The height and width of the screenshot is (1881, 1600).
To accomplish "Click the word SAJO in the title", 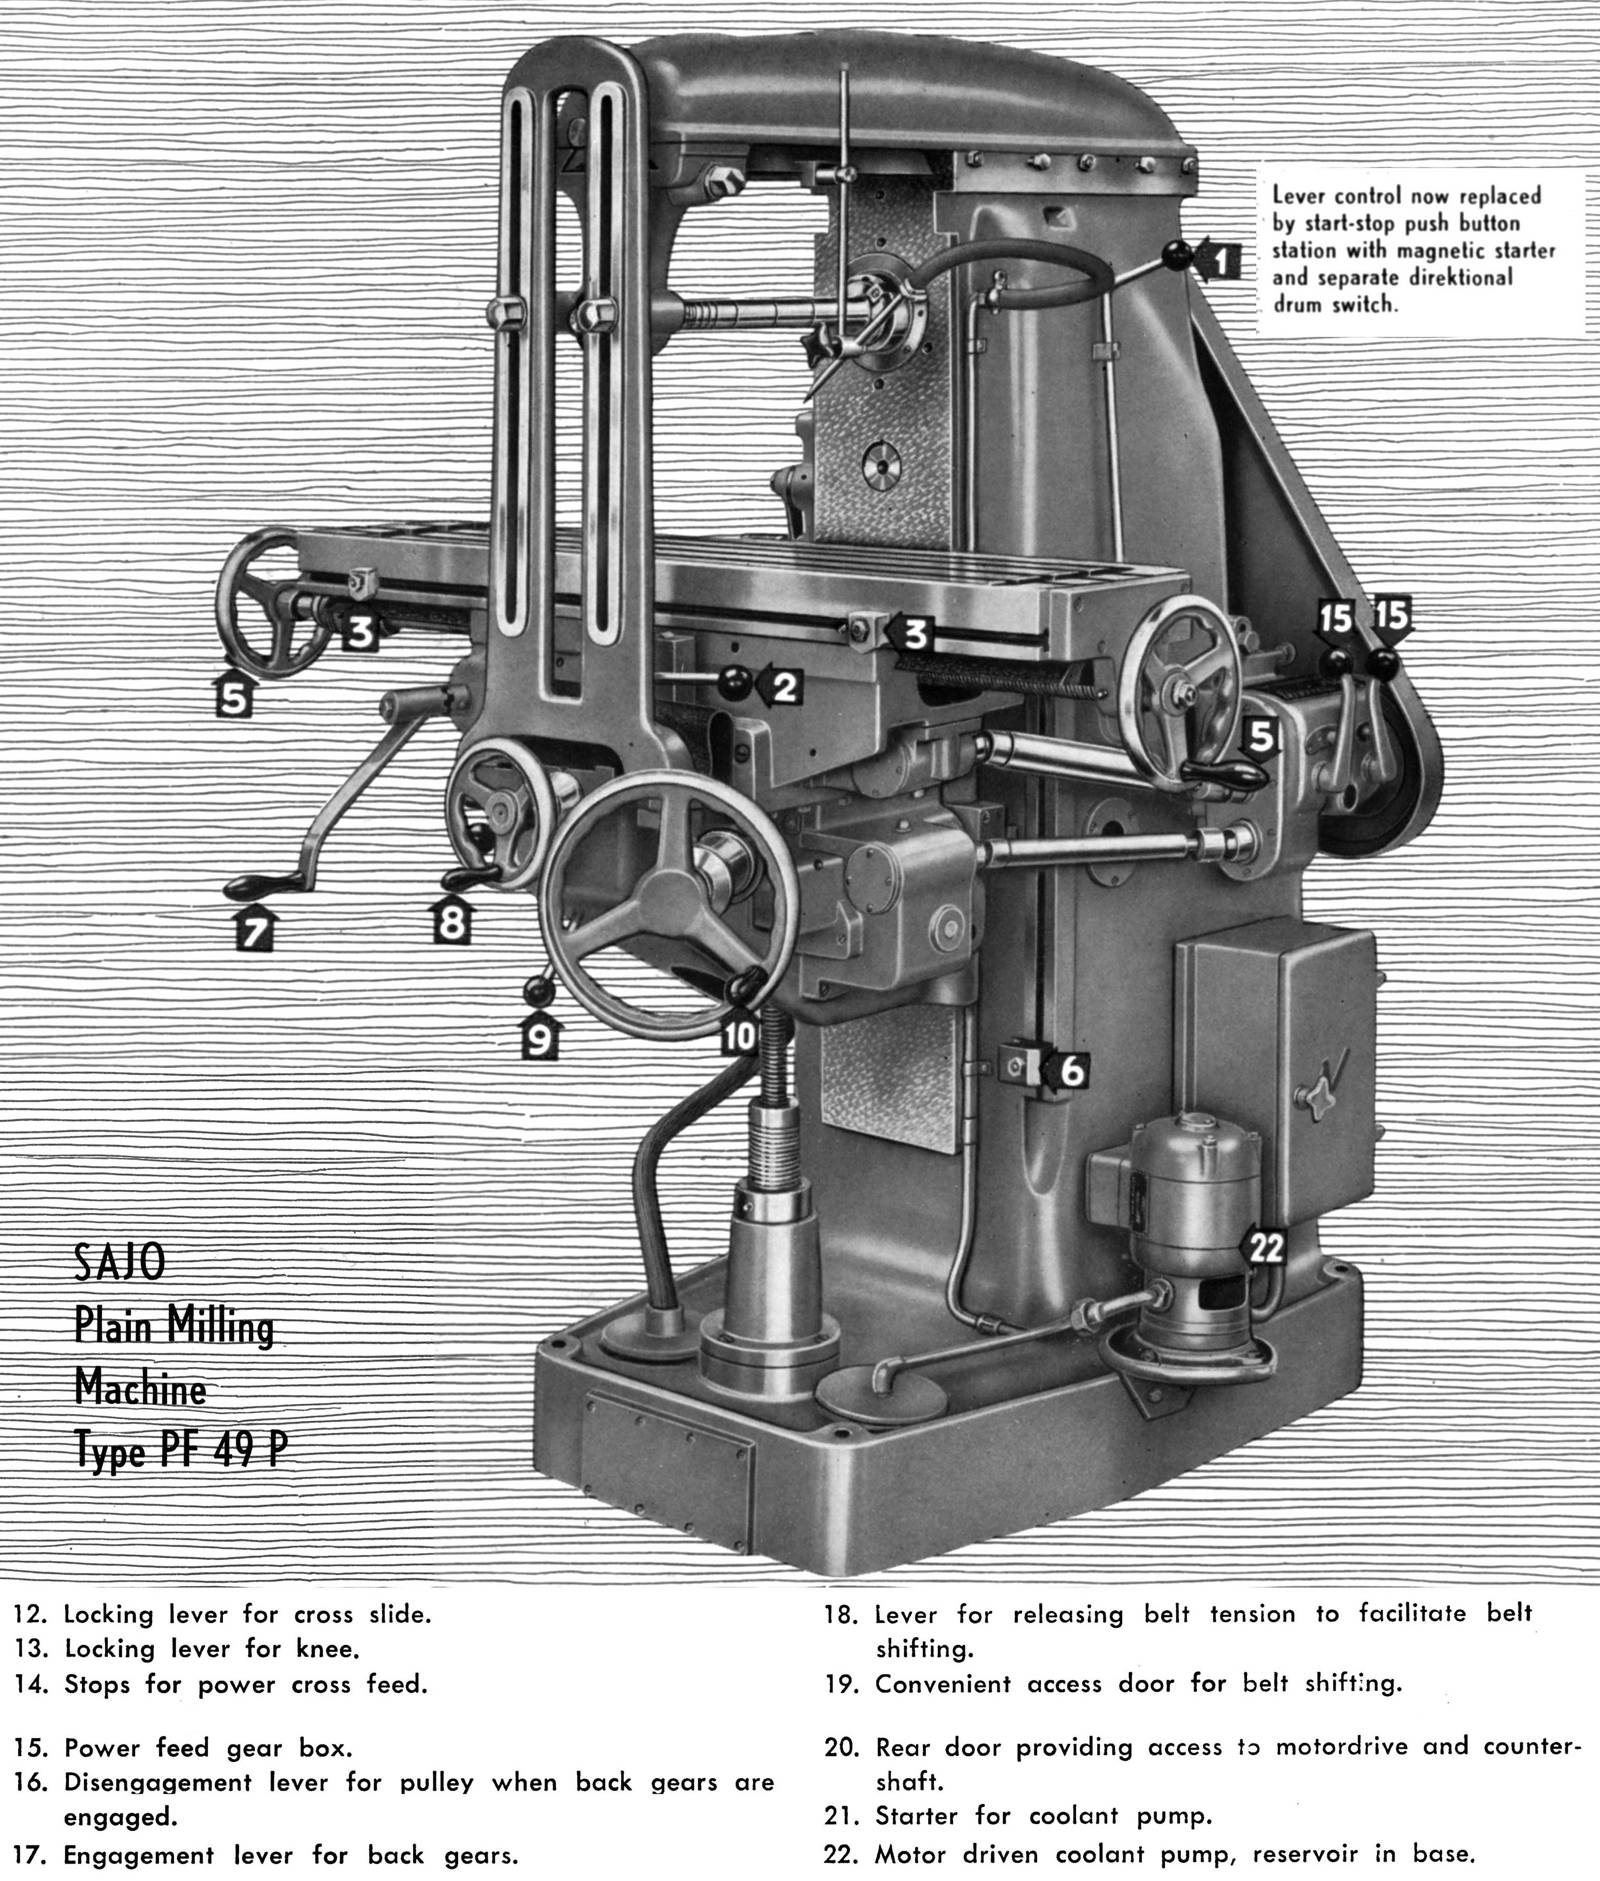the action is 120,1262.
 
